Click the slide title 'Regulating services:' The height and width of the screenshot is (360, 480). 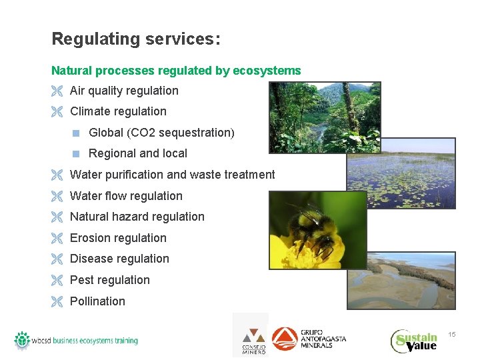click(x=135, y=39)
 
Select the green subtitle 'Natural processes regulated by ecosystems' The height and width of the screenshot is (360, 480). click(x=176, y=71)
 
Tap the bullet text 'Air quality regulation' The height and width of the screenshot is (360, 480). click(x=124, y=91)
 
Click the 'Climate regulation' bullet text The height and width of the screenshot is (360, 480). click(x=118, y=111)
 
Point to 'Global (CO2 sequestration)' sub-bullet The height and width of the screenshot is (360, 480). click(x=161, y=133)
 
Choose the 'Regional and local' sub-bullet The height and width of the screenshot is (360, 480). click(x=137, y=153)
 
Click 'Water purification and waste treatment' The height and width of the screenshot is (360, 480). click(x=172, y=175)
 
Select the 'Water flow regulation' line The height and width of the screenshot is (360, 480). click(x=126, y=196)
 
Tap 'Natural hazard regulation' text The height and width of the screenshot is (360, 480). click(x=137, y=217)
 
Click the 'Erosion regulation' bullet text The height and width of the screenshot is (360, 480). click(x=118, y=238)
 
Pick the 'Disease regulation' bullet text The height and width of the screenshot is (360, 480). click(x=119, y=259)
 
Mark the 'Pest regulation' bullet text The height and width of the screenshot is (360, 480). click(x=109, y=280)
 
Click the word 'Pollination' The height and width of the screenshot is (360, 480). click(x=97, y=301)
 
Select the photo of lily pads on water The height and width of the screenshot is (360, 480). click(x=407, y=177)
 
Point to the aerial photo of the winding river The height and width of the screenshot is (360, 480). click(x=401, y=280)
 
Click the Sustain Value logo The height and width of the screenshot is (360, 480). click(x=414, y=340)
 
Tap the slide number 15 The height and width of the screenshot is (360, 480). click(x=451, y=334)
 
